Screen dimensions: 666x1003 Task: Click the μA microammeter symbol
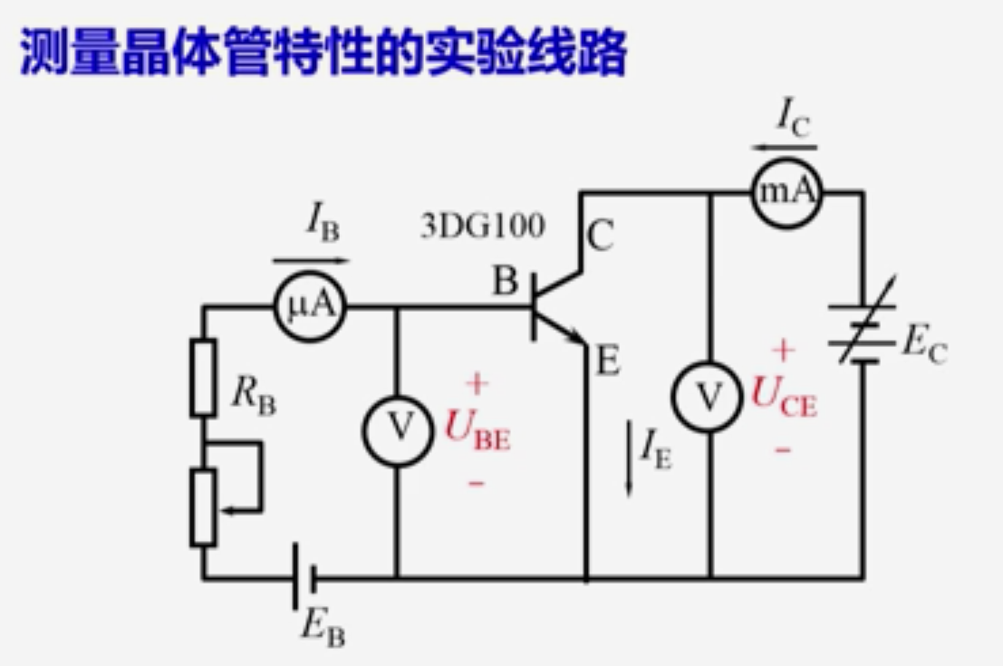pos(311,306)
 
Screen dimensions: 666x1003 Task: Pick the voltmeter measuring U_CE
pos(709,394)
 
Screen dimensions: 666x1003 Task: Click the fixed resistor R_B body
pos(203,377)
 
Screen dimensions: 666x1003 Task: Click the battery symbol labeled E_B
pos(304,577)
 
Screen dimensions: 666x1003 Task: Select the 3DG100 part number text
pos(483,225)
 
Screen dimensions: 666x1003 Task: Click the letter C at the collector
pos(600,238)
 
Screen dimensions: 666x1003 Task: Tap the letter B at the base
pos(504,282)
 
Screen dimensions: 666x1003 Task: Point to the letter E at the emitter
pos(607,362)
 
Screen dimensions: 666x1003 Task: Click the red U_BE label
pos(477,430)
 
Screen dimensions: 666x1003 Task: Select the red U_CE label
pos(785,396)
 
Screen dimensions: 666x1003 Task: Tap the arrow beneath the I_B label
pos(310,261)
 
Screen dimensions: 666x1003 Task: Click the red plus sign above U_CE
pos(784,350)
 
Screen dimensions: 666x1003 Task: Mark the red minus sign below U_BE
pos(477,482)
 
